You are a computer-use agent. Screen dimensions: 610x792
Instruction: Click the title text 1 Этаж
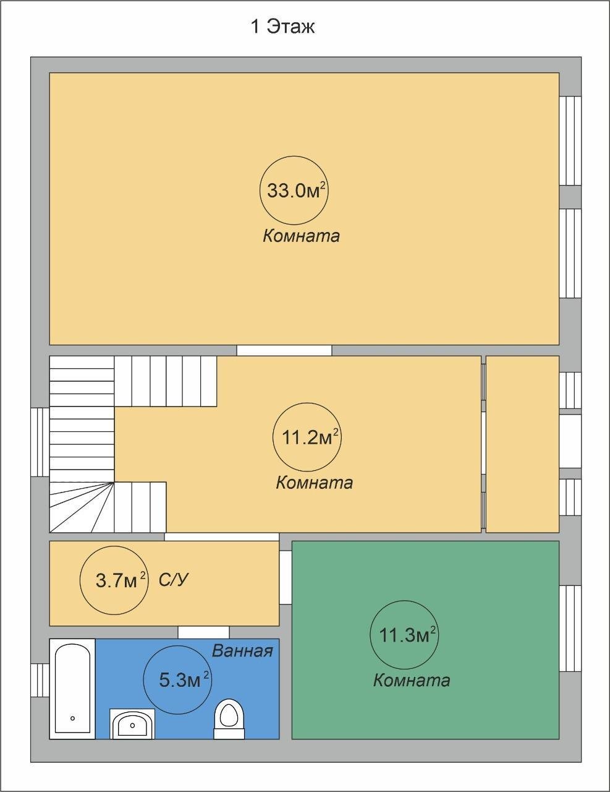click(283, 27)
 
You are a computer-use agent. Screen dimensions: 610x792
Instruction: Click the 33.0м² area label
click(295, 190)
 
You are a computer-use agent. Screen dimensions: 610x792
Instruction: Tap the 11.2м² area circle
click(307, 437)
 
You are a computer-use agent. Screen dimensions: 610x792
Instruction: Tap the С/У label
click(174, 580)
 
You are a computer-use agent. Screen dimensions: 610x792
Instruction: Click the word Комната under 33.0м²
click(302, 236)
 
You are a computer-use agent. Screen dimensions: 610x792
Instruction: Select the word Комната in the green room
click(412, 680)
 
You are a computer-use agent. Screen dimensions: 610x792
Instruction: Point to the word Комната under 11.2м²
click(314, 483)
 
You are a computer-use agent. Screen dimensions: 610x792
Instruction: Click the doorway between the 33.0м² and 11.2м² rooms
click(284, 350)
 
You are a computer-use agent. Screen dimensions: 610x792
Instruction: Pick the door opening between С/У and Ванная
click(203, 632)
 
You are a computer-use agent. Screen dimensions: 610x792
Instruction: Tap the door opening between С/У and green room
click(286, 577)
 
